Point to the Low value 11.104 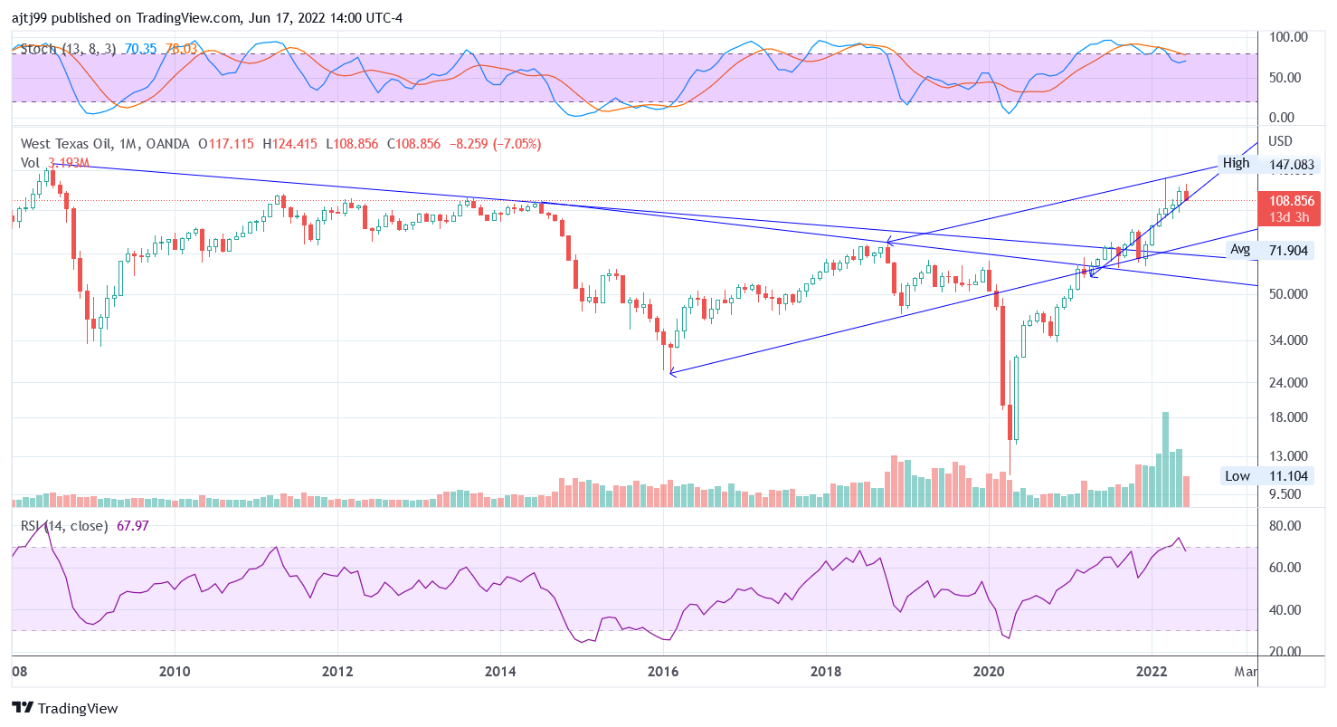(x=1288, y=476)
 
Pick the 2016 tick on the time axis (x=663, y=671)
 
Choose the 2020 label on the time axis (x=989, y=671)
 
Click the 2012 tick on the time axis (x=337, y=671)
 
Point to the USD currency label (x=1281, y=141)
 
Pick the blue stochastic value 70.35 (x=140, y=49)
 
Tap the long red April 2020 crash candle (x=1002, y=353)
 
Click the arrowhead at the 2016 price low (x=670, y=372)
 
